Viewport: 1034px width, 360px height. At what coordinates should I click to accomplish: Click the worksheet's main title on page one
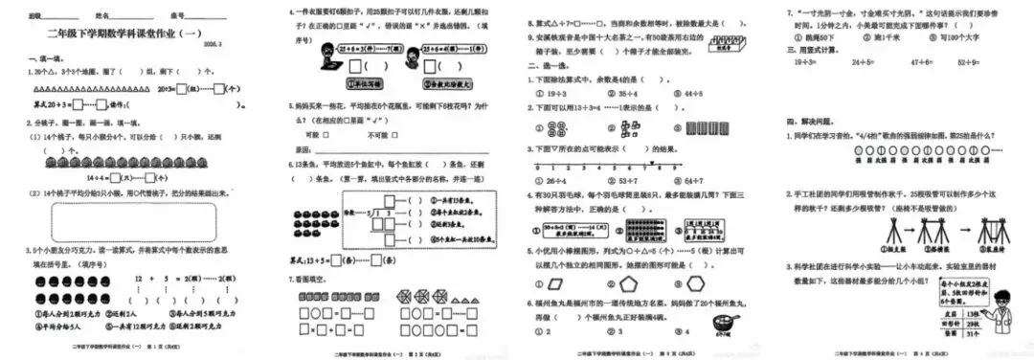click(128, 34)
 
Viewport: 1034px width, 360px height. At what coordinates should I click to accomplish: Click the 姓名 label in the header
click(104, 17)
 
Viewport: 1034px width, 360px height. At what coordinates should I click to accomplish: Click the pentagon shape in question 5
click(621, 284)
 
